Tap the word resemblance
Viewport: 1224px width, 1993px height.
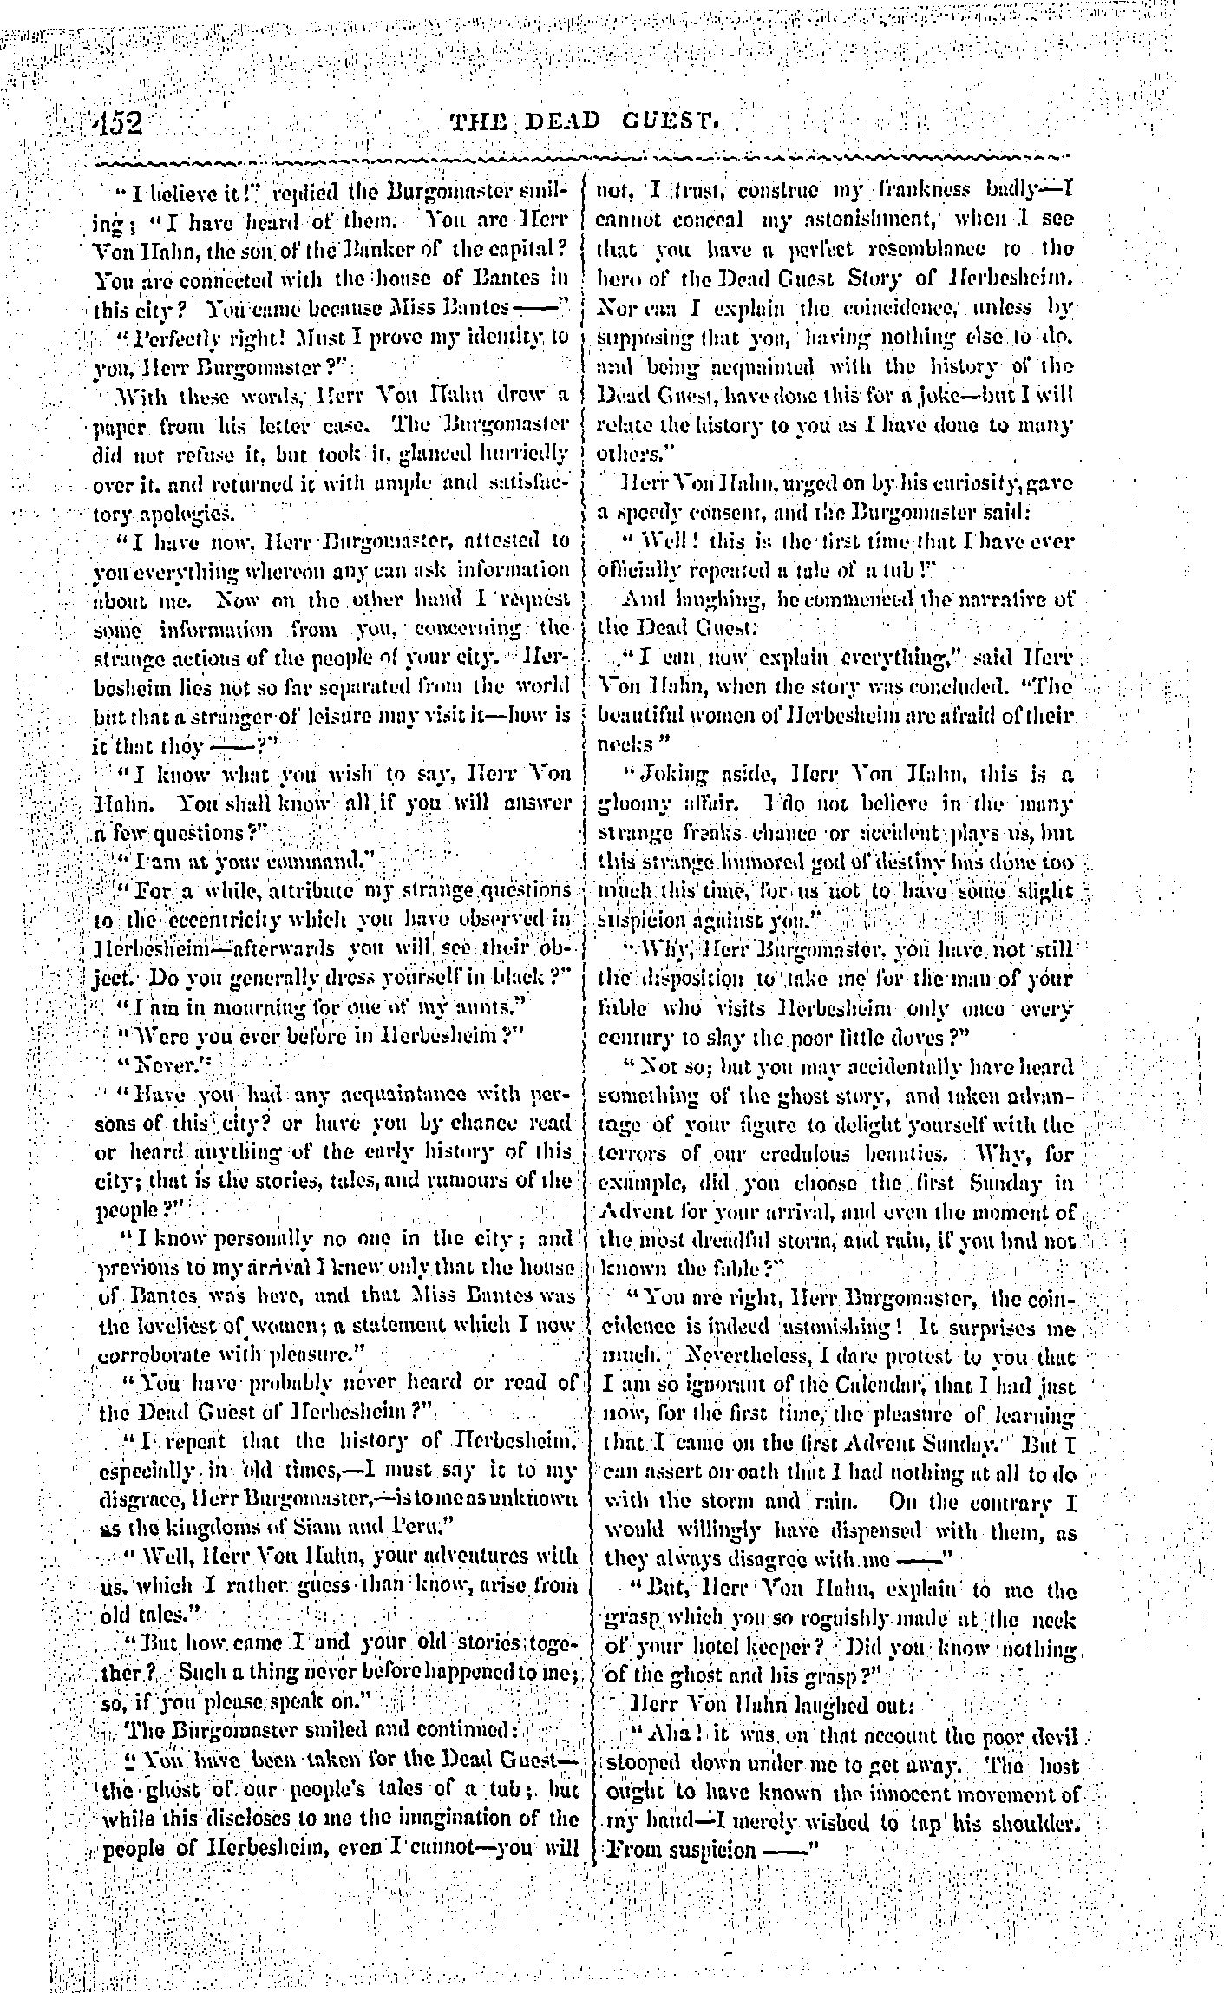[913, 247]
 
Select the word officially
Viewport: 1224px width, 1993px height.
[642, 569]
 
